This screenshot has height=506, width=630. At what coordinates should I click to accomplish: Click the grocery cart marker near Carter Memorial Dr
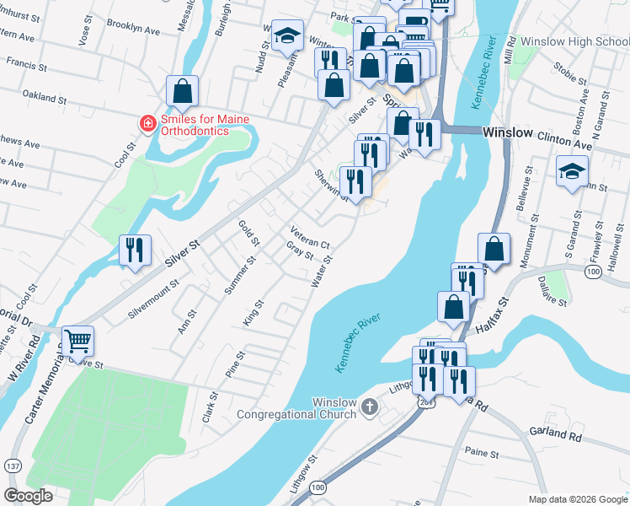click(77, 342)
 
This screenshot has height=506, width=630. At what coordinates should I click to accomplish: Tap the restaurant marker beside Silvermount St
click(135, 250)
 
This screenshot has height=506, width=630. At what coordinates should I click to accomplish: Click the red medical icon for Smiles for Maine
click(147, 124)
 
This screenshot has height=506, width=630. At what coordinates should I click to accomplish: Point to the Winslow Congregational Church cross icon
click(368, 408)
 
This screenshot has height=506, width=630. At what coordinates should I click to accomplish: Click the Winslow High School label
click(574, 40)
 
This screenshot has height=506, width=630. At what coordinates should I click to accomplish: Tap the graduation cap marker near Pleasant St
click(287, 36)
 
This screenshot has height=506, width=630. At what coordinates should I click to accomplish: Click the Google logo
click(29, 496)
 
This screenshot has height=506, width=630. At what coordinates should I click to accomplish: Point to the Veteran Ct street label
click(308, 238)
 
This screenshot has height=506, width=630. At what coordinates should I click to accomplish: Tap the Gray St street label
click(299, 251)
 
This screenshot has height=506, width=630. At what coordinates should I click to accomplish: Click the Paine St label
click(482, 454)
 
